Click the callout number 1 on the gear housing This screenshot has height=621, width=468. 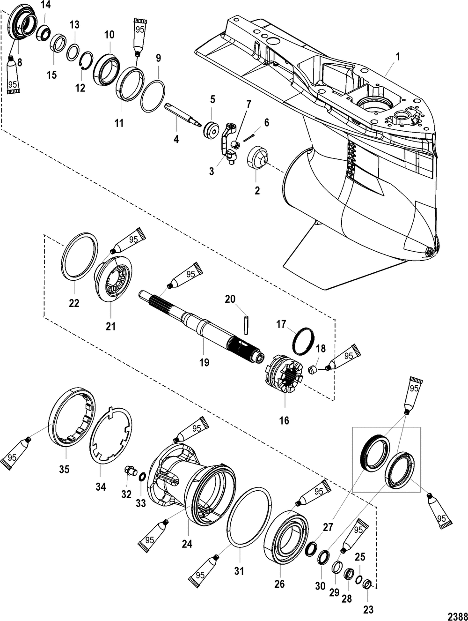point(398,57)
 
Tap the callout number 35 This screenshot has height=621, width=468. point(64,469)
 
